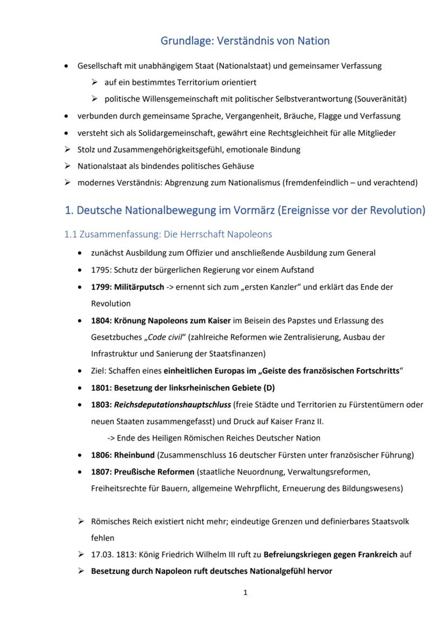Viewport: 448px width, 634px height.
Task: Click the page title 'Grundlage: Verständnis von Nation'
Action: (x=245, y=41)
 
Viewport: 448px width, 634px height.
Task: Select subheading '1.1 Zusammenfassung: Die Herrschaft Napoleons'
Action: (x=168, y=234)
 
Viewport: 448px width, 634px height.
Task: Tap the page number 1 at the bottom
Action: (x=245, y=592)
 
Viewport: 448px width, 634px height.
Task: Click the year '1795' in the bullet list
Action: (x=100, y=270)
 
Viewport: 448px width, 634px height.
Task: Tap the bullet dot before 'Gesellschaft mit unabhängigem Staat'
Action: (x=67, y=66)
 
